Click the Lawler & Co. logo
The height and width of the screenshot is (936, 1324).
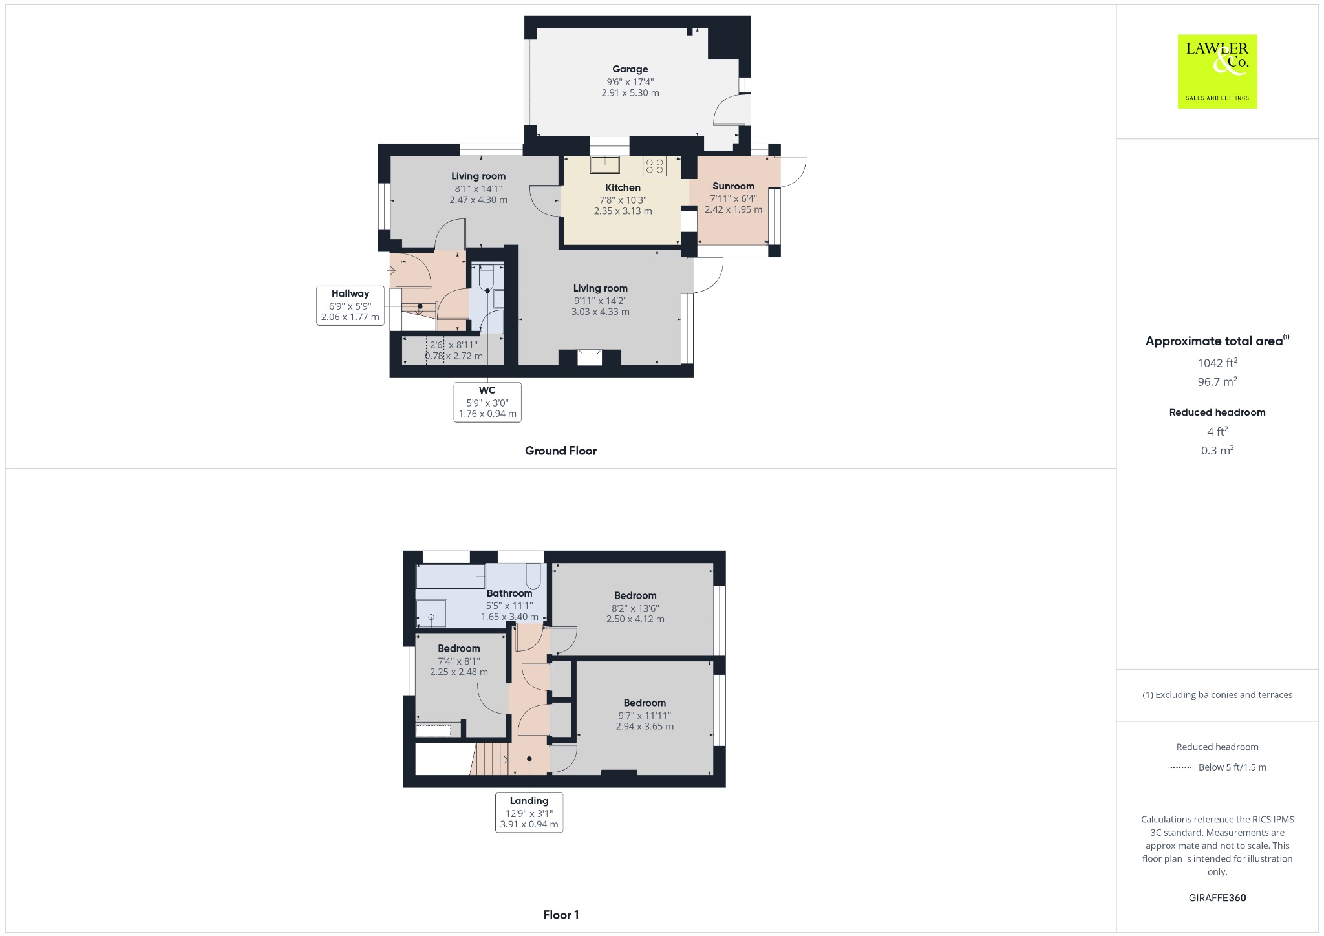click(1217, 72)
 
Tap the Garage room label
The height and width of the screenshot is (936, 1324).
click(630, 69)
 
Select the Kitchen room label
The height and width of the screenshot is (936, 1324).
click(623, 187)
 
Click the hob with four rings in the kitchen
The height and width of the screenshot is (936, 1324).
click(654, 166)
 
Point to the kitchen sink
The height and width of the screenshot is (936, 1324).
click(605, 165)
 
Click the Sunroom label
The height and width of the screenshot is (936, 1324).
click(733, 186)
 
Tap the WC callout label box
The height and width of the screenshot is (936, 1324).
click(487, 402)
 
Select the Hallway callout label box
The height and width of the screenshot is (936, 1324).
click(350, 305)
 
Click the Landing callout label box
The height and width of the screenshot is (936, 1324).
click(529, 813)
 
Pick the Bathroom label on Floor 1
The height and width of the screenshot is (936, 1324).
click(509, 593)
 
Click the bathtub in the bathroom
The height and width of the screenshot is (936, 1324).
click(451, 577)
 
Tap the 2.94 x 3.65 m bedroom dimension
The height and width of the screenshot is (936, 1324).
click(645, 727)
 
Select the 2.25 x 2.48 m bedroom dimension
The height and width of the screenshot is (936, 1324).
click(459, 672)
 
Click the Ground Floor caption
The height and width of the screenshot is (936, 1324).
click(561, 451)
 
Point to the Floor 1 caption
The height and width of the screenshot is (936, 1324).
click(561, 915)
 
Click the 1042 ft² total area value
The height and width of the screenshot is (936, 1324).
click(1217, 363)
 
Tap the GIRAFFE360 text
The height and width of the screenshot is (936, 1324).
click(1217, 898)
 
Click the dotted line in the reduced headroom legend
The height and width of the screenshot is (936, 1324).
click(1180, 768)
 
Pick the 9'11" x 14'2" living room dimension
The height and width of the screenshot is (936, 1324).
click(600, 301)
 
